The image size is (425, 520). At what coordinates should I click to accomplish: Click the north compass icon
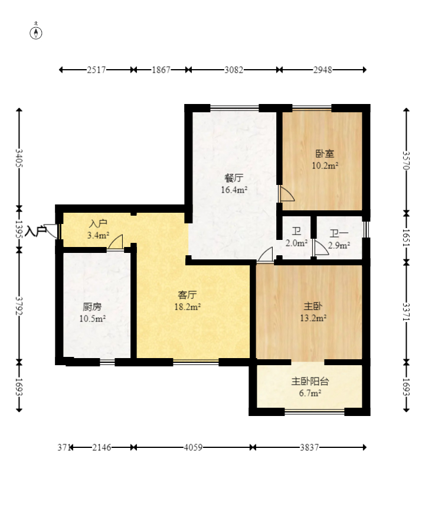[36, 33]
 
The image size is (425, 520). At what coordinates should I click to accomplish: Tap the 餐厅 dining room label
[234, 178]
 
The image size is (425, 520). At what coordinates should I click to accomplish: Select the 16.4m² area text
[234, 190]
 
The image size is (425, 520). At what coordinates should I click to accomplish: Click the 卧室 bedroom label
[325, 154]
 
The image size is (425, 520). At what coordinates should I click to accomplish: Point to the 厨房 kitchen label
[92, 307]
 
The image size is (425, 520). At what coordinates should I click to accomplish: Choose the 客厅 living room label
[188, 294]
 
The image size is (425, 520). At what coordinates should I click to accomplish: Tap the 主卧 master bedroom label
[313, 306]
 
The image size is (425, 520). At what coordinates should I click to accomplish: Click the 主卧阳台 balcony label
[310, 381]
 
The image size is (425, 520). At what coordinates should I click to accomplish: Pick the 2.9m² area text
[339, 246]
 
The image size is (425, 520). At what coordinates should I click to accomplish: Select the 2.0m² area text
[296, 243]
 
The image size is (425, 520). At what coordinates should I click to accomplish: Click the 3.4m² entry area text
[98, 235]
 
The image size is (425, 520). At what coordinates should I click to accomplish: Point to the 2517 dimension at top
[96, 70]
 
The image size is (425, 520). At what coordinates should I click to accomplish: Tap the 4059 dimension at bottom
[193, 447]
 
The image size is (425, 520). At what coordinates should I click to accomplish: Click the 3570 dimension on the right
[407, 161]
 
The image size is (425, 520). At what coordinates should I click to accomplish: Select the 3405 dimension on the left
[19, 158]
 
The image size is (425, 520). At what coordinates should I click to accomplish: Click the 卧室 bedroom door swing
[287, 193]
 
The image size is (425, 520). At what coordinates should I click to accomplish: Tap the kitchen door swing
[115, 242]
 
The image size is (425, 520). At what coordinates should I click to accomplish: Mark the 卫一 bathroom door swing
[321, 248]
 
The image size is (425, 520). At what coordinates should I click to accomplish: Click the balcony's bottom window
[315, 412]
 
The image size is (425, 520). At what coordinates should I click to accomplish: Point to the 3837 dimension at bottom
[309, 447]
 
